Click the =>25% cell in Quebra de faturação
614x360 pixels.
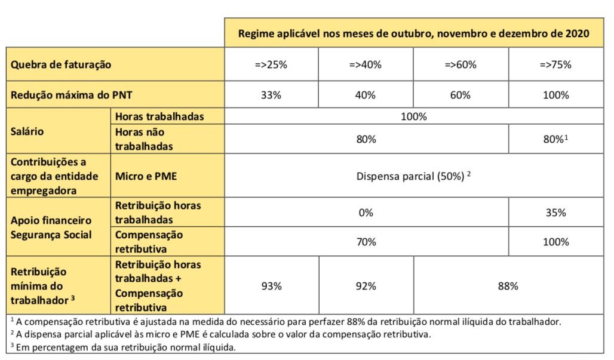point(271,64)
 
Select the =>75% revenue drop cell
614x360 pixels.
point(555,64)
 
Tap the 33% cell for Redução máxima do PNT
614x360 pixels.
point(271,95)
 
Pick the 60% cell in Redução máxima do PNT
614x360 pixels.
point(460,95)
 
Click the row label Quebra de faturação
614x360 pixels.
point(61,64)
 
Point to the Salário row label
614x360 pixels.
point(27,131)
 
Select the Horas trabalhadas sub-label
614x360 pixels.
point(159,116)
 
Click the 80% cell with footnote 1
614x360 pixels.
point(555,139)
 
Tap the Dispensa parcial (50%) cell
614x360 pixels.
point(413,176)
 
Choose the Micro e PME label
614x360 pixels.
point(146,176)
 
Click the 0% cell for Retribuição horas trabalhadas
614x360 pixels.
point(366,213)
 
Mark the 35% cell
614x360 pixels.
point(556,213)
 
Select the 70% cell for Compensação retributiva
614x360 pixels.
point(366,242)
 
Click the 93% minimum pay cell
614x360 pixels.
point(271,286)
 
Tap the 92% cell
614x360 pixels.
point(366,286)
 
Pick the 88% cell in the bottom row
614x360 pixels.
point(508,286)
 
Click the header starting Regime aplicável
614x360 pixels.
point(413,33)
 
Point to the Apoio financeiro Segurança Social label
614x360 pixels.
point(51,227)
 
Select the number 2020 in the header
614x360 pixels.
point(577,33)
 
